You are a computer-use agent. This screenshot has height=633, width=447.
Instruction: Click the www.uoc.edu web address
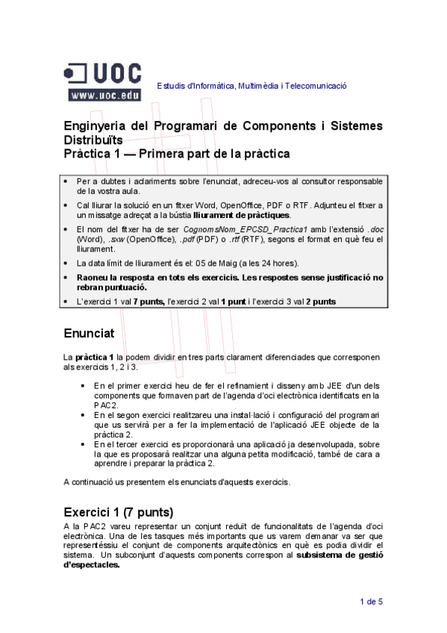(104, 95)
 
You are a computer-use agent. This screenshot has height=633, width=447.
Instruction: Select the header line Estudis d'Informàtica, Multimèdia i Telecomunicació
(251, 86)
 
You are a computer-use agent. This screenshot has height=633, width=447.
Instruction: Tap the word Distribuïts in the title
(93, 140)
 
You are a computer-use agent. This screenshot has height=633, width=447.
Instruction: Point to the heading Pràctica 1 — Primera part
(176, 154)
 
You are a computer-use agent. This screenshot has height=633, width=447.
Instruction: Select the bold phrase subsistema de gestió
(340, 555)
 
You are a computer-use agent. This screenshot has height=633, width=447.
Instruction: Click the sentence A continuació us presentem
(176, 481)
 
